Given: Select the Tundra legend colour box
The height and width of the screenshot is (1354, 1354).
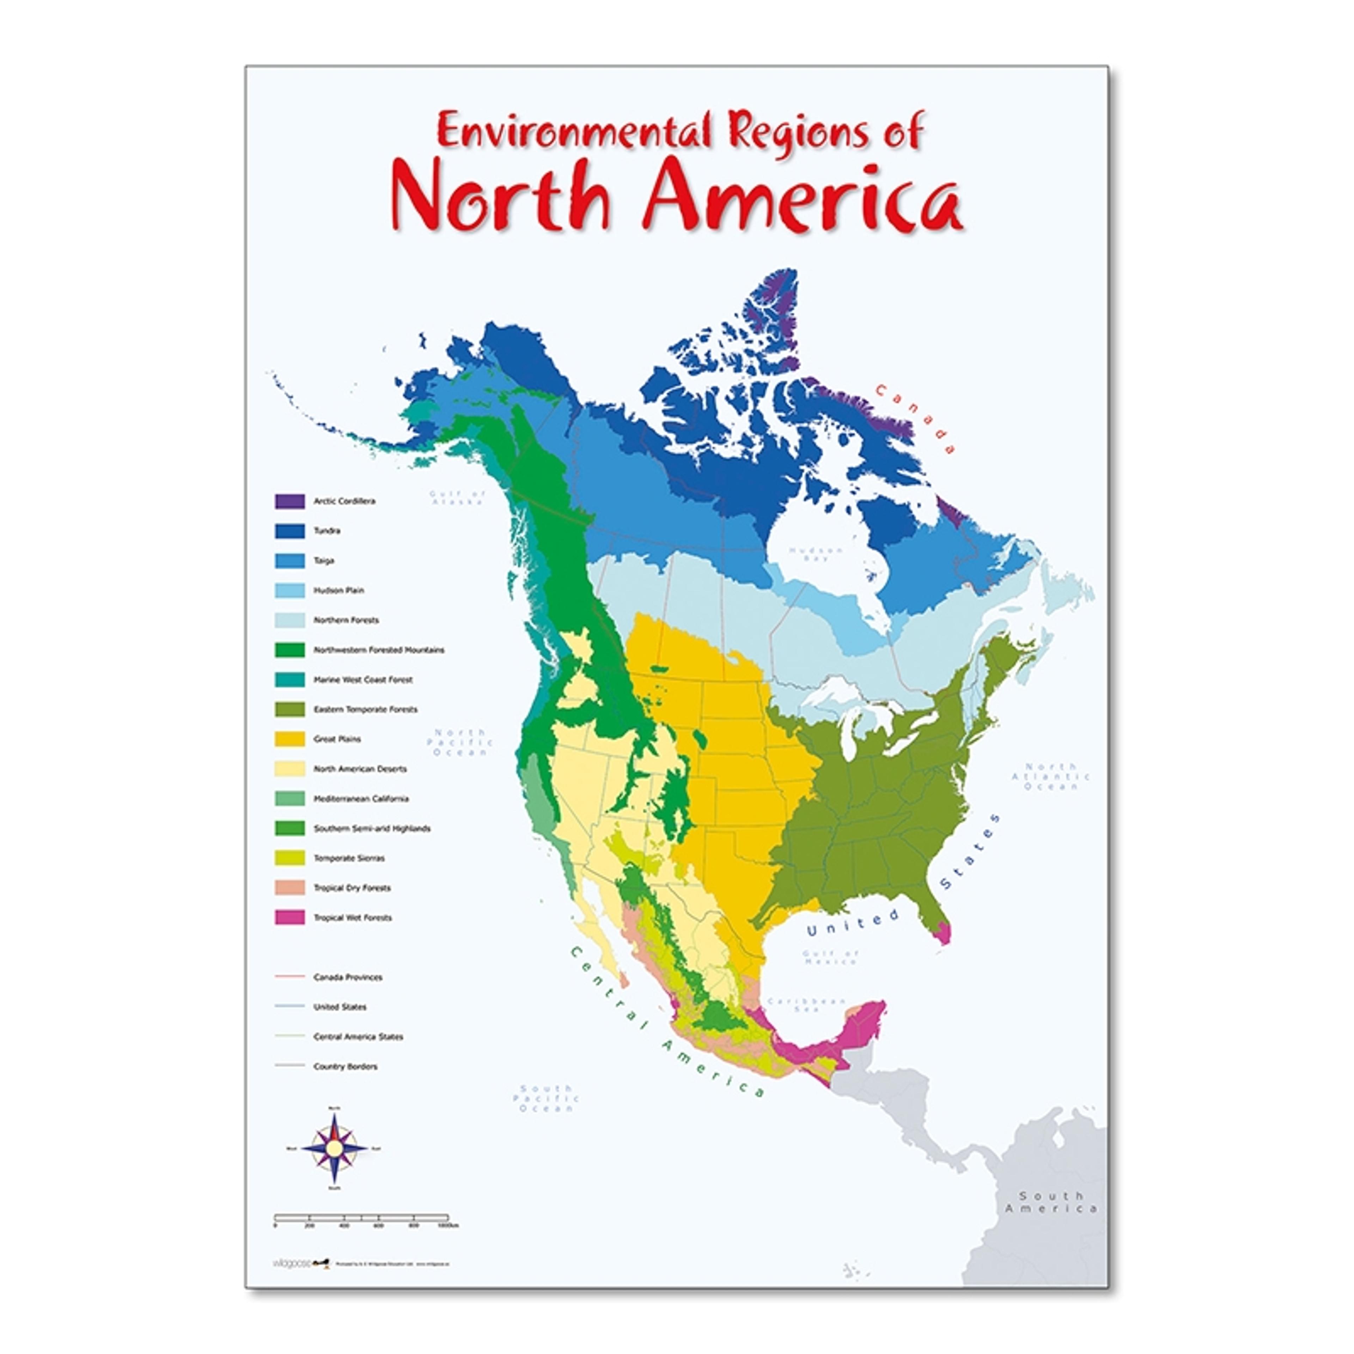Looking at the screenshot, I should point(289,531).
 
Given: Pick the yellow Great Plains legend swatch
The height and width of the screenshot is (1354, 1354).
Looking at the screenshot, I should point(289,739).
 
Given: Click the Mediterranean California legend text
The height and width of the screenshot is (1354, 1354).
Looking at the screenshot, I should point(361,798).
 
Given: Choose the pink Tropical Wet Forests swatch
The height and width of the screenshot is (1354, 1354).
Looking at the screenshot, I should point(289,917).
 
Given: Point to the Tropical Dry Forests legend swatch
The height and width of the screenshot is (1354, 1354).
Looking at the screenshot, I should point(289,887).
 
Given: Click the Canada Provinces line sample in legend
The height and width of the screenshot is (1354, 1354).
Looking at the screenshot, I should point(289,976).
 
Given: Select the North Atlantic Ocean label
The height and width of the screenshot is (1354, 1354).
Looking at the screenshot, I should point(1050,776).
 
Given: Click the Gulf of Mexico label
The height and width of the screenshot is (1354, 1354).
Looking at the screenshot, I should point(831,957).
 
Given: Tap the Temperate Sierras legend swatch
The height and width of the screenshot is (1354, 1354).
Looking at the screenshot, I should point(289,858).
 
